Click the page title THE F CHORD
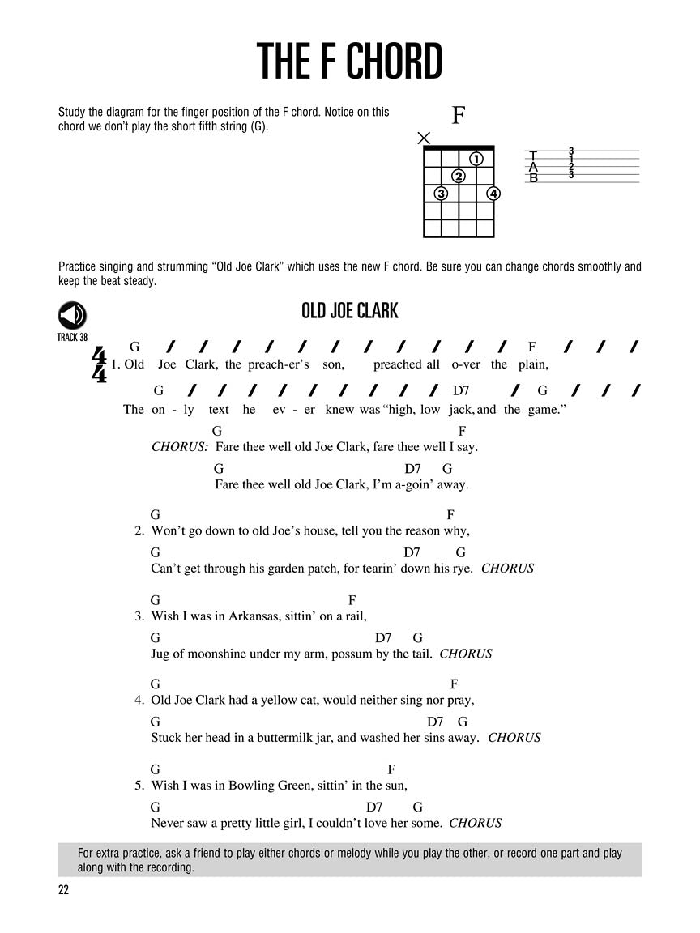point(349,62)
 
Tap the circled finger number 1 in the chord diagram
point(476,159)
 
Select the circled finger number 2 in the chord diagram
point(459,176)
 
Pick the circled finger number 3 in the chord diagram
point(441,194)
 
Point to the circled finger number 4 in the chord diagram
point(493,194)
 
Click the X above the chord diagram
point(424,138)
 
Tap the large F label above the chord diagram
point(458,116)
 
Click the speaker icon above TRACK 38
point(72,316)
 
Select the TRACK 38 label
point(72,337)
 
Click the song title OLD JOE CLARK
point(349,311)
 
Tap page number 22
point(64,891)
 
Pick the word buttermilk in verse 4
point(289,738)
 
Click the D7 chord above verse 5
point(374,807)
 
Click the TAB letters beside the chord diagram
point(533,166)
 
